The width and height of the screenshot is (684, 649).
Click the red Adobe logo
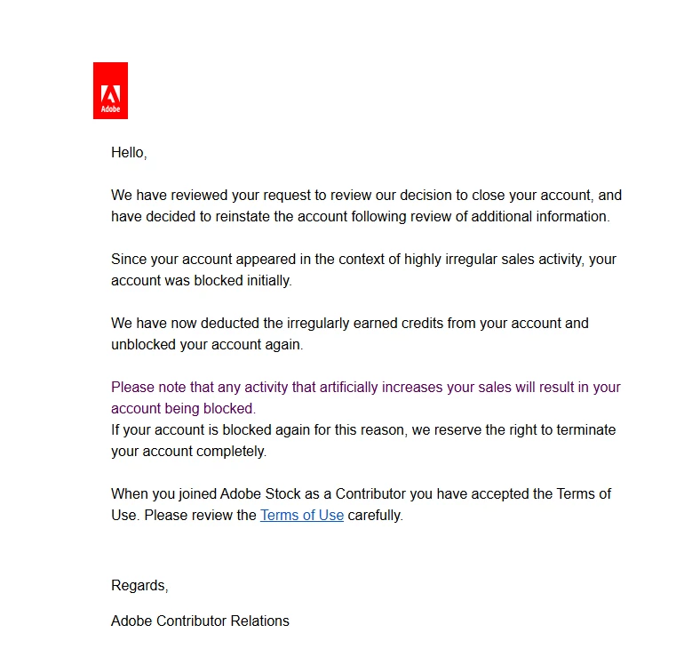click(x=110, y=91)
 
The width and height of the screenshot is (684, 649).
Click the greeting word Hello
click(x=128, y=152)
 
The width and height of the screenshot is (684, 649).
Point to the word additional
click(x=500, y=216)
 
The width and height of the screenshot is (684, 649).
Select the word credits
click(x=421, y=324)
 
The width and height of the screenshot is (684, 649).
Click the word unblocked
click(x=142, y=345)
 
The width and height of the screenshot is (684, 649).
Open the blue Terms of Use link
click(x=301, y=515)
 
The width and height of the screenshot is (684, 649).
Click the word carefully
click(x=375, y=515)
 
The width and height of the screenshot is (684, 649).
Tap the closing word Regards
click(x=139, y=585)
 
